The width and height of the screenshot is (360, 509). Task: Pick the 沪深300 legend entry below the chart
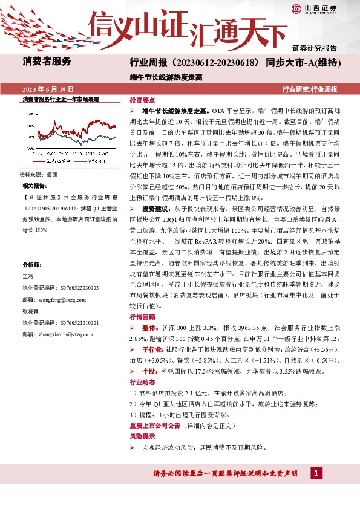94,161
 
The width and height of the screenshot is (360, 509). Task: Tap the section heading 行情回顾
142,317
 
